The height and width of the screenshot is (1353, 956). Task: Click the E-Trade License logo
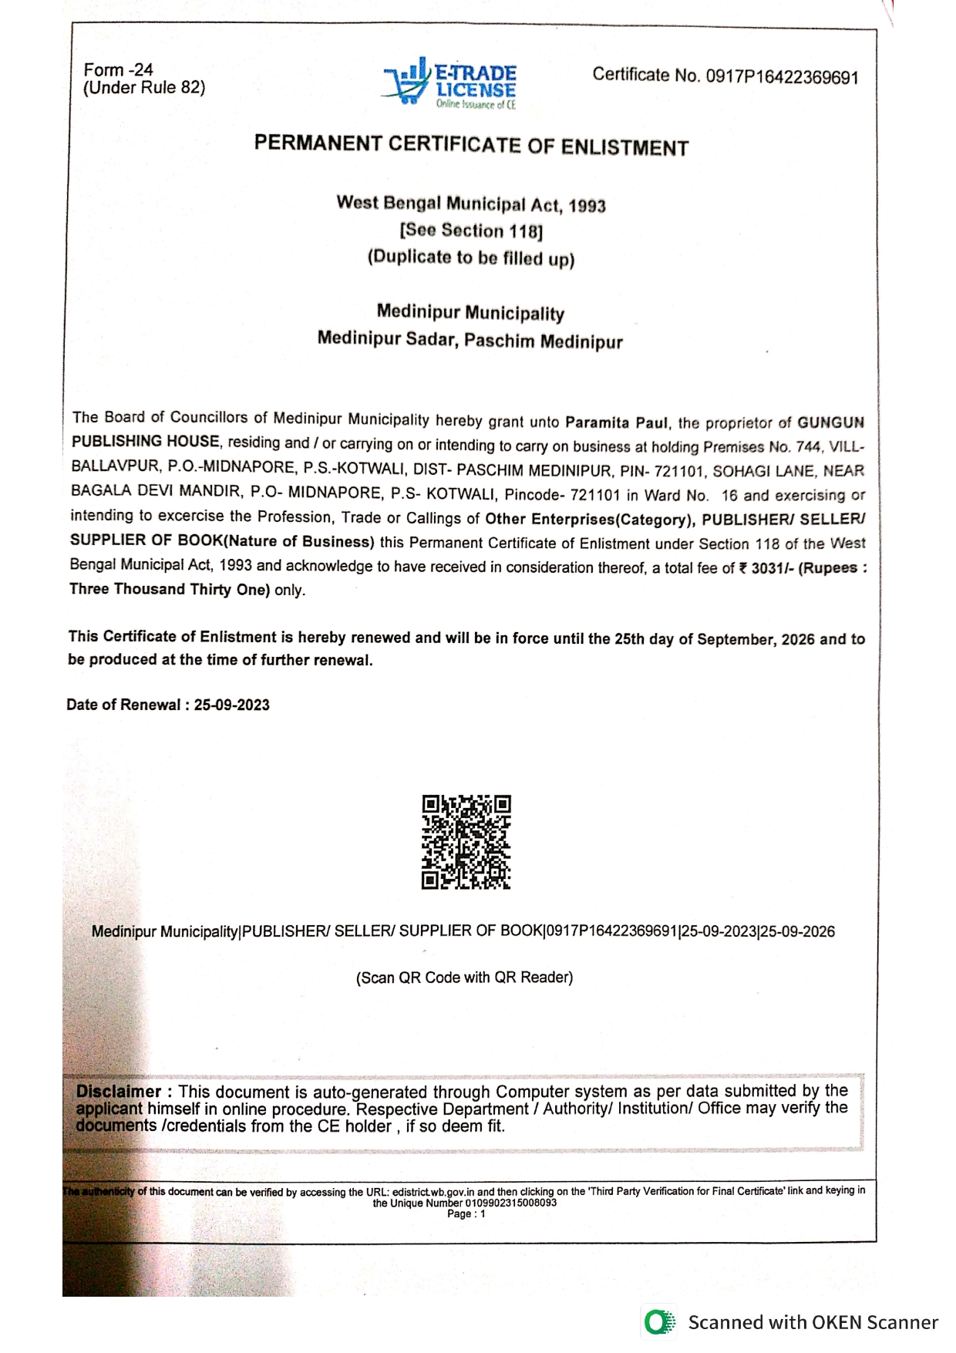[450, 82]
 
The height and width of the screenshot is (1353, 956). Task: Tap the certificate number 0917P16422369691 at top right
[782, 77]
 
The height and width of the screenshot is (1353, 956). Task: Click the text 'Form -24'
[118, 69]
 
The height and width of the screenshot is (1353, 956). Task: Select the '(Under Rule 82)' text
[144, 88]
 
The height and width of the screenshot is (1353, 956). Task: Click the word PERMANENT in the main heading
[318, 144]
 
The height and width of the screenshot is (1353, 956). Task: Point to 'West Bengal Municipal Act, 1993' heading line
[471, 204]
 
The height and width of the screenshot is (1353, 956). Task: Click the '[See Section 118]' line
[471, 231]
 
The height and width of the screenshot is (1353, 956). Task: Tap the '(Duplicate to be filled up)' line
[471, 257]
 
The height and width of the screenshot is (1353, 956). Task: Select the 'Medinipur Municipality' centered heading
[470, 312]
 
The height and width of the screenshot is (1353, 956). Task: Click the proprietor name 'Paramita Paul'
[617, 422]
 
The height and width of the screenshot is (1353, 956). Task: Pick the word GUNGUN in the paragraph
[830, 422]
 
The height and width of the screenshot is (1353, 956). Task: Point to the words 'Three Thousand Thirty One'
[169, 590]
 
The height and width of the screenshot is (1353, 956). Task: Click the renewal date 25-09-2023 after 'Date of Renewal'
[232, 705]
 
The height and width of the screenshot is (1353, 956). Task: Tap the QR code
[466, 842]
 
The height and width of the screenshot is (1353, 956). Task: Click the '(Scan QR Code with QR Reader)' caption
[464, 978]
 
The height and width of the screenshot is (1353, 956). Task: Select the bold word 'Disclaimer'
[119, 1092]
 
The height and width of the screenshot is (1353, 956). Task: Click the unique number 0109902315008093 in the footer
[510, 1203]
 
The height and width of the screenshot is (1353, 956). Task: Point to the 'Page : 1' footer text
[466, 1214]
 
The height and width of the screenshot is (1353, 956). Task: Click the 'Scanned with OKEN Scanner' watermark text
[813, 1323]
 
